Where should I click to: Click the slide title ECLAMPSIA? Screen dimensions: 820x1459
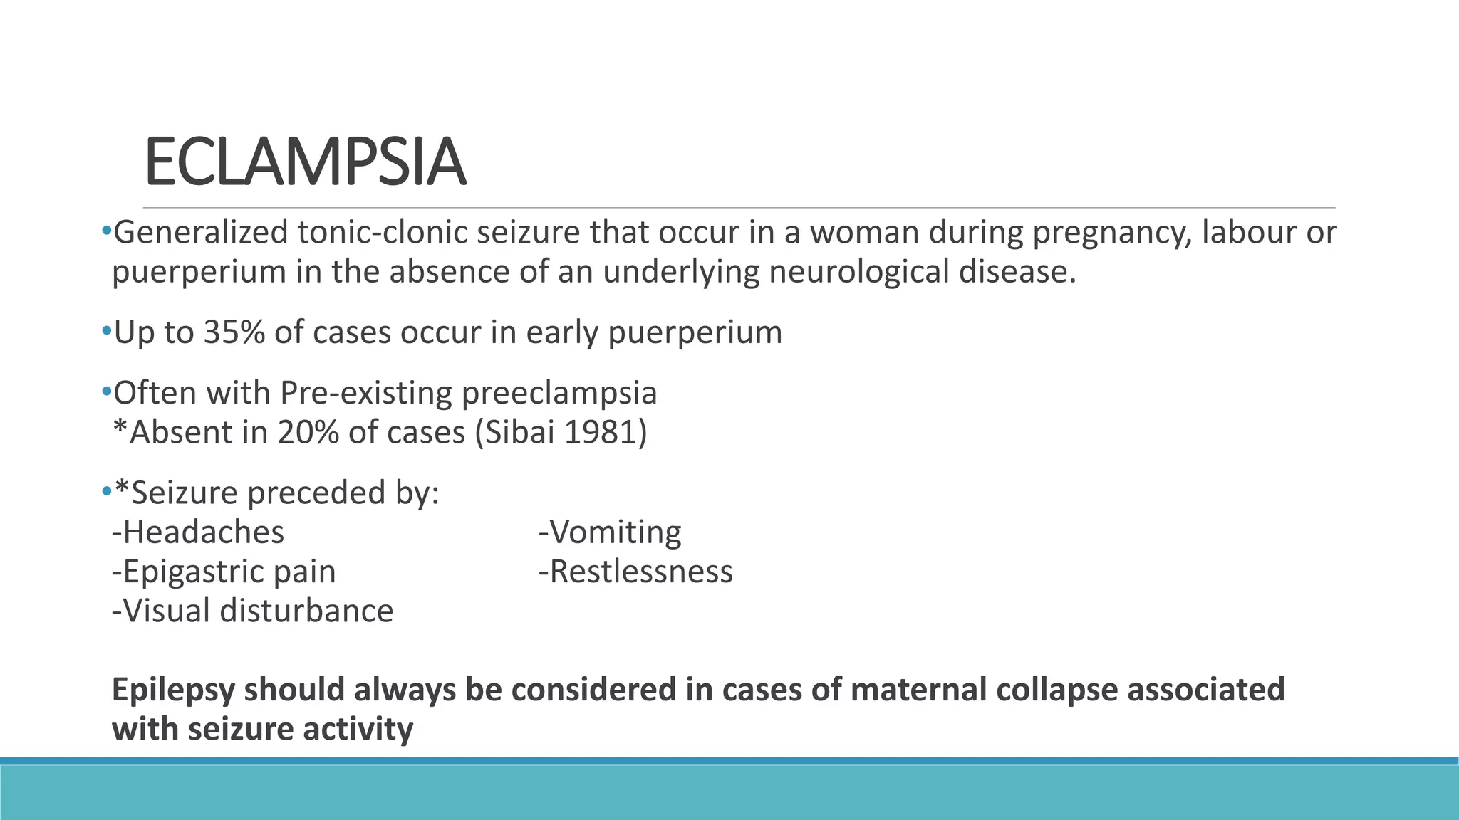point(305,163)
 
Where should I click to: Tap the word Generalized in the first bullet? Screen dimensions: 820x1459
point(200,233)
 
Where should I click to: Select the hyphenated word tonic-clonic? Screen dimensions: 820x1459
point(383,233)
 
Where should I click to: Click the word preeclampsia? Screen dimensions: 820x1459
point(559,393)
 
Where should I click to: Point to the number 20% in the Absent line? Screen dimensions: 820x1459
point(308,432)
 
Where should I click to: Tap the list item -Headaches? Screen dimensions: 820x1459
point(198,532)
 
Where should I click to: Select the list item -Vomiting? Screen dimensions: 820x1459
point(610,532)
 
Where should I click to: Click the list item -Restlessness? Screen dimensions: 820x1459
point(635,572)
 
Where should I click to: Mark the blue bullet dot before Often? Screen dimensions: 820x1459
point(105,391)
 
